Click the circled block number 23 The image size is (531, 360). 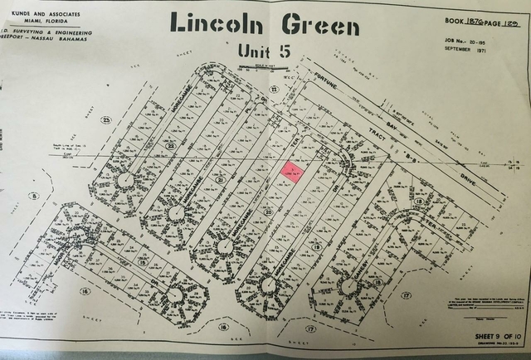pyautogui.click(x=106, y=122)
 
